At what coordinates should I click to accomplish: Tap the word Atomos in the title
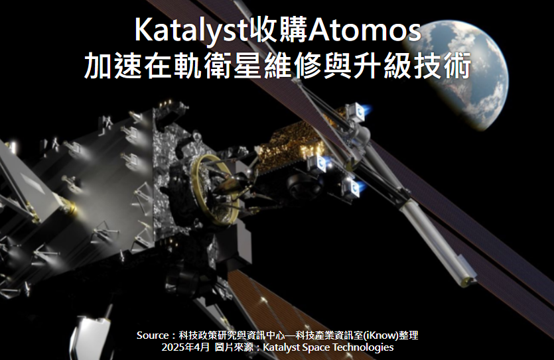pos(364,30)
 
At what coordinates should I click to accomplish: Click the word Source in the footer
pos(153,335)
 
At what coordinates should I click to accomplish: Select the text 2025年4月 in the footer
pos(186,347)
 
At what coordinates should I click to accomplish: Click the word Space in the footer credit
pos(316,347)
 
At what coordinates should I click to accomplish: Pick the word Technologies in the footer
pos(363,347)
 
